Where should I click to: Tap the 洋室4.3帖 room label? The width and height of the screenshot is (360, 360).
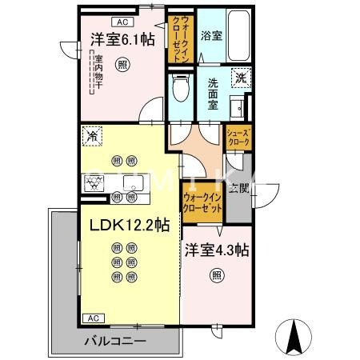coord(216,250)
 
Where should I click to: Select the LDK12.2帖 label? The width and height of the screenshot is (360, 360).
coord(123,226)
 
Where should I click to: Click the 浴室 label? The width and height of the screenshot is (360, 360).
coord(211,36)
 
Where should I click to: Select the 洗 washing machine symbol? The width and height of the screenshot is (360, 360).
coord(240,77)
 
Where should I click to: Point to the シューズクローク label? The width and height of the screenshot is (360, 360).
coord(238,137)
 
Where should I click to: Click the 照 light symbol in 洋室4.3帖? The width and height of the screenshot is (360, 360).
coord(216,276)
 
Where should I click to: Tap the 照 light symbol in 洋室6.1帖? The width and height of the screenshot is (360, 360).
coord(122,65)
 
